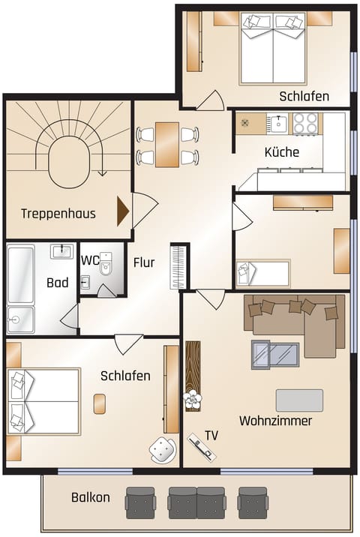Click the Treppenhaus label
point(58,214)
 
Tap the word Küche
point(281,152)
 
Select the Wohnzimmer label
point(275,421)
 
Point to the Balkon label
point(91,497)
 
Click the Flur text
point(144,262)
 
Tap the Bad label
point(57,283)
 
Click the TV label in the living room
point(212,435)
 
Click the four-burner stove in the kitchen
point(304,123)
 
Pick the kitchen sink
point(278,123)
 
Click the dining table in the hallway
point(167,145)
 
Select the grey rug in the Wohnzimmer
point(299,400)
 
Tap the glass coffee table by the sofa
point(275,354)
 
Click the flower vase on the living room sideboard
point(193,398)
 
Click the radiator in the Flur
point(178,265)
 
